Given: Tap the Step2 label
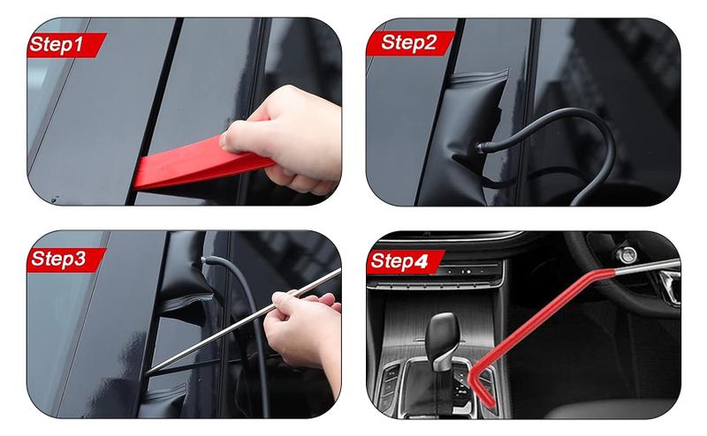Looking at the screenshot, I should (x=409, y=43).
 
